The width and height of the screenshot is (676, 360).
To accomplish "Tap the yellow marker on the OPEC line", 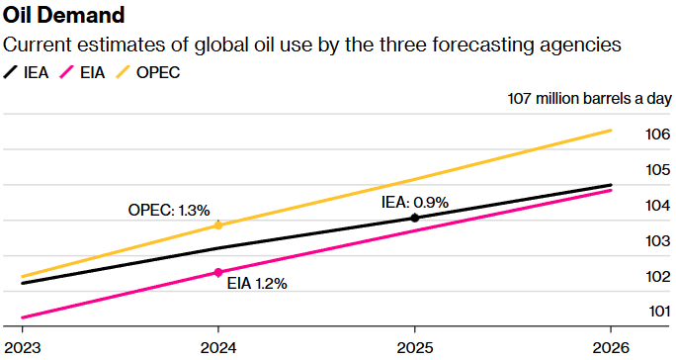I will pos(218,225).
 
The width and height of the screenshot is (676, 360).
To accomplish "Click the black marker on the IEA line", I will pos(415,218).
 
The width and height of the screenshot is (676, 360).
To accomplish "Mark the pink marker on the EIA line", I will pos(218,272).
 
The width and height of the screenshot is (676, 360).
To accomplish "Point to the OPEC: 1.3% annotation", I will pos(169,210).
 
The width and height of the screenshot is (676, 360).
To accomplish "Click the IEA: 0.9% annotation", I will pos(415,202).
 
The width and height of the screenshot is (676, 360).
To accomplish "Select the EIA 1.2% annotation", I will pos(257,283).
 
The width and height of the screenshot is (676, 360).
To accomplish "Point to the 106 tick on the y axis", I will pos(659,135).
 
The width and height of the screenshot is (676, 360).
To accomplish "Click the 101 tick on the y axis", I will pos(659,312).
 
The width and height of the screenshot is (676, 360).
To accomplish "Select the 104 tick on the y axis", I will pos(659,206).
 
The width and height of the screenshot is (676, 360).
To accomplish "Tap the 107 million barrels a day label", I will pos(589,99).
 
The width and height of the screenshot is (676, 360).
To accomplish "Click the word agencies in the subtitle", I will pos(582,45).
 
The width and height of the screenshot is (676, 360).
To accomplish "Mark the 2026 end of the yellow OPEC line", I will pos(611,130).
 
